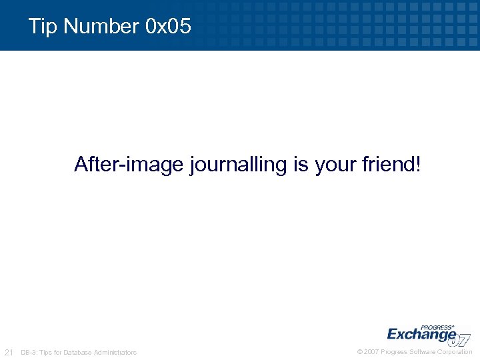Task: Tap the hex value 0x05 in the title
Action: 167,27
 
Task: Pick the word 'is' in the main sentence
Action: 300,164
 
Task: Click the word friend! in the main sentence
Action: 393,164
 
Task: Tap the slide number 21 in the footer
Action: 9,352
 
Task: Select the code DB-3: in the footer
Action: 29,353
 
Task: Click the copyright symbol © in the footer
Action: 360,352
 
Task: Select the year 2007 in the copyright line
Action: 371,352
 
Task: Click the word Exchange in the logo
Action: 420,333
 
